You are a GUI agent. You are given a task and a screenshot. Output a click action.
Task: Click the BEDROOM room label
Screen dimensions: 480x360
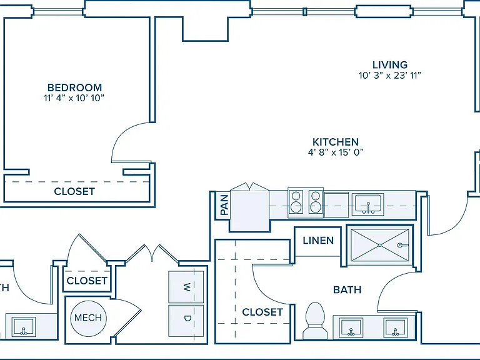point(75,88)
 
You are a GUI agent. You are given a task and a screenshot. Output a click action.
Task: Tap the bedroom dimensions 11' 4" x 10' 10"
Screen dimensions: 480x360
point(74,98)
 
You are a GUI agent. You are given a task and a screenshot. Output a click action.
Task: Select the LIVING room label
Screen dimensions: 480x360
point(390,65)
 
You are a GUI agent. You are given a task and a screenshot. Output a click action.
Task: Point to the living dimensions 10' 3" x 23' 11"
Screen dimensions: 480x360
point(390,75)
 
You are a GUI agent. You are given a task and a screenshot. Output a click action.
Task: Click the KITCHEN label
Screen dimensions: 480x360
point(336,142)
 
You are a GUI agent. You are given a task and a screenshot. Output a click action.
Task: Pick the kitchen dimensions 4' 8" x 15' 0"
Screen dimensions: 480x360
point(336,152)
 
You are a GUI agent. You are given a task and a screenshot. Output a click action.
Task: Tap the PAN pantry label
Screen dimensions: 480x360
point(224,205)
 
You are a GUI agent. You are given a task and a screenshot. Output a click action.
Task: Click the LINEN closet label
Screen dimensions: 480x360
point(318,241)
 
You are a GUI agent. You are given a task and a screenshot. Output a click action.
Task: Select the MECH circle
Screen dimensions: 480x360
point(88,317)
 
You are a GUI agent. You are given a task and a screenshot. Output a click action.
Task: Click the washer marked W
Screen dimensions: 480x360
point(186,287)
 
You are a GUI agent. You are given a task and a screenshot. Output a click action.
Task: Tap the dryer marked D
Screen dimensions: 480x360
point(186,320)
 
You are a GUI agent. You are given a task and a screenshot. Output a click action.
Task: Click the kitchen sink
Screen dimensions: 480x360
point(367,204)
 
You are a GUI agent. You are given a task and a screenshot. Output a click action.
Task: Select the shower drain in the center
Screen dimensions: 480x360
point(379,245)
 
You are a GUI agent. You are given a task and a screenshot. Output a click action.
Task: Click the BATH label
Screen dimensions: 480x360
point(347,290)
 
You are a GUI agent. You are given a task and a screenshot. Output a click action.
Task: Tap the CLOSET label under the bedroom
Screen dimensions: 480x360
point(74,192)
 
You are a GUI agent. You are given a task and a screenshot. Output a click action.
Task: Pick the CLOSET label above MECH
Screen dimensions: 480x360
point(87,281)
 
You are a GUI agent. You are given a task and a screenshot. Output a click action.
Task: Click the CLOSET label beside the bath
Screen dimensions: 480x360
point(262,312)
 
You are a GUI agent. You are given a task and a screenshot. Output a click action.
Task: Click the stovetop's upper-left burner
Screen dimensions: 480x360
point(296,196)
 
